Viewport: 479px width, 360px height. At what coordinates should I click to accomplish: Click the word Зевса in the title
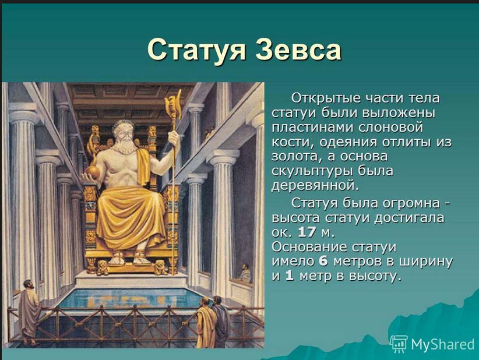(298, 50)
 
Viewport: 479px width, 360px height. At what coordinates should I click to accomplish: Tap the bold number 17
(307, 232)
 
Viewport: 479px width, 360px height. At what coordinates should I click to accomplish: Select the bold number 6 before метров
(323, 262)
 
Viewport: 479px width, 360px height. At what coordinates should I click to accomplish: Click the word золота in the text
(295, 157)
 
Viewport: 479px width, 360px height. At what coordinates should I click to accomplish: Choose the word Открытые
(326, 98)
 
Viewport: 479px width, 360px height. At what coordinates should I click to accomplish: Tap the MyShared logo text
(442, 344)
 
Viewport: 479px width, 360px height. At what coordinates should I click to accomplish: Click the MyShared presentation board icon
(399, 343)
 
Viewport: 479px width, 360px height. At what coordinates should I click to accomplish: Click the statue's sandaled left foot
(141, 257)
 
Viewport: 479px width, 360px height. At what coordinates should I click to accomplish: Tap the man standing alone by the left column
(29, 312)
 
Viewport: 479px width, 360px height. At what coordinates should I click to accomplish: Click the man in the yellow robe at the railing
(206, 324)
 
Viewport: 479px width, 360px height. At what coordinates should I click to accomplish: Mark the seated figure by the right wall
(244, 273)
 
